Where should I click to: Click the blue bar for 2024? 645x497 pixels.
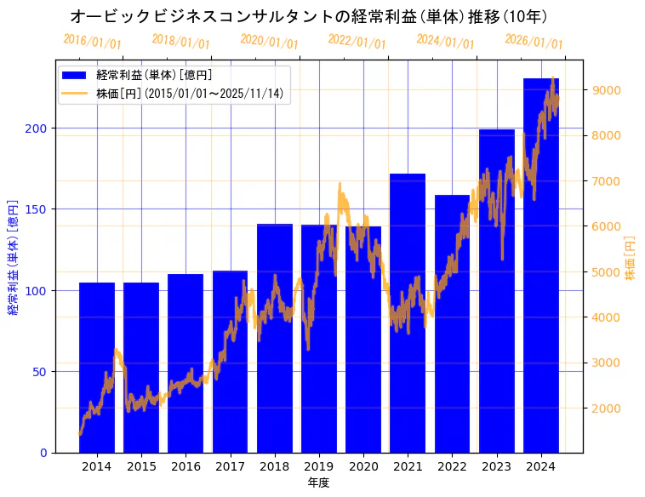click(x=541, y=272)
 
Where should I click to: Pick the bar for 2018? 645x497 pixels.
click(x=275, y=340)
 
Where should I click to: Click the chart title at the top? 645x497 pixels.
click(x=308, y=16)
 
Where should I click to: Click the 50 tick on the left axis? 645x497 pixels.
click(x=43, y=371)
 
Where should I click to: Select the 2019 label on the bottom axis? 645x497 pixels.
click(x=319, y=466)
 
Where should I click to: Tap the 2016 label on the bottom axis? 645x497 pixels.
click(x=186, y=466)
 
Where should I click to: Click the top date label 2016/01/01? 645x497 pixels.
click(x=92, y=42)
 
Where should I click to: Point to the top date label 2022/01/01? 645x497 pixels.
click(x=357, y=42)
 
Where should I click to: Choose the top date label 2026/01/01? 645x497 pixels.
click(x=534, y=42)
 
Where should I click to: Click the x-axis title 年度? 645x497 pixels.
click(x=318, y=483)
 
